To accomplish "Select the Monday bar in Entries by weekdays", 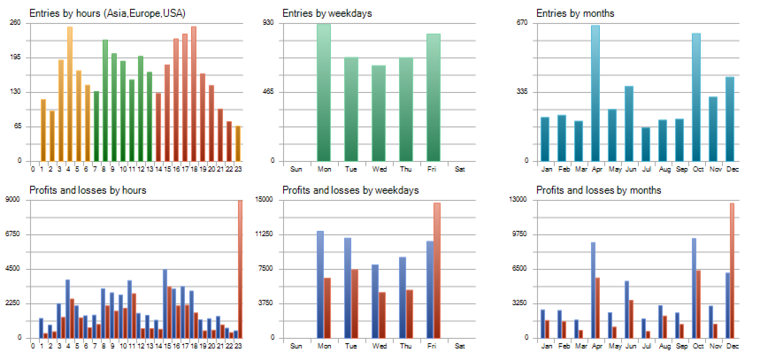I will click(x=324, y=93).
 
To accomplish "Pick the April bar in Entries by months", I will click(x=595, y=93).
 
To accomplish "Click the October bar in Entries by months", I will click(x=696, y=97).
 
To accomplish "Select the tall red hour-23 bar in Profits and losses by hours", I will click(x=239, y=269).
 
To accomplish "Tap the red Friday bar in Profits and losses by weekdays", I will click(x=436, y=270).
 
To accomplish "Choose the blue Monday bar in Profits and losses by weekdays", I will click(x=320, y=284).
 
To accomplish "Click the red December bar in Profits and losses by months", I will click(x=732, y=271).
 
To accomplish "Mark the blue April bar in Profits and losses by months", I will click(x=593, y=289).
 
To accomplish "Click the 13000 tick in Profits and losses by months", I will click(x=520, y=200).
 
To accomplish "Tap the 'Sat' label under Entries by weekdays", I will click(x=459, y=169).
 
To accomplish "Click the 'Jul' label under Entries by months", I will click(x=646, y=169).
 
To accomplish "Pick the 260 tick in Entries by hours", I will click(x=16, y=23).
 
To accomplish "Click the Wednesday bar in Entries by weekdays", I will click(x=379, y=113).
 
